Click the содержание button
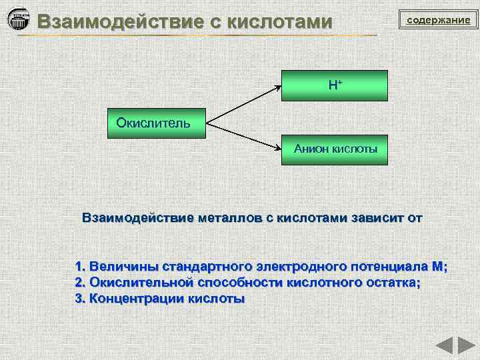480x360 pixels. click(439, 21)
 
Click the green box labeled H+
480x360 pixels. click(335, 85)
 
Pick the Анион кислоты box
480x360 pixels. click(335, 149)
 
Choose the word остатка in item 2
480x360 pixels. click(393, 283)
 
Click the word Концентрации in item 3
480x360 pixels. click(129, 299)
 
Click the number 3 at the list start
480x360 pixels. click(79, 299)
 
